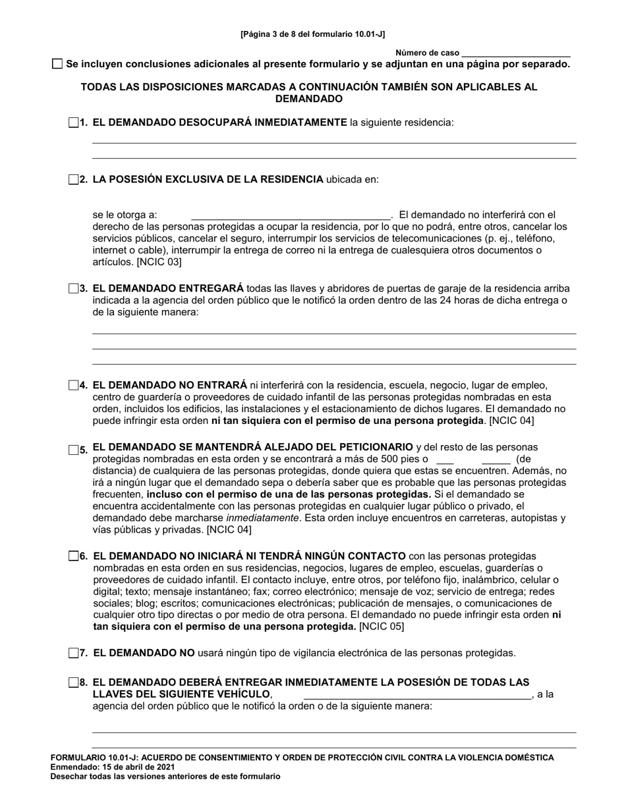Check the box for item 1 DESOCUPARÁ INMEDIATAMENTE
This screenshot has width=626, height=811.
(73, 122)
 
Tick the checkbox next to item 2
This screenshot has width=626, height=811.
(73, 179)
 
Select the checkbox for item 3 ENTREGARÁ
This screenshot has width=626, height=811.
(73, 288)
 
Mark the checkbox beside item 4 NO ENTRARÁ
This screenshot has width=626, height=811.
(73, 385)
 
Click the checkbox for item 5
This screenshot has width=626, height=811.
(73, 449)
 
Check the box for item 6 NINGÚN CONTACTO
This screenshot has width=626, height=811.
(73, 556)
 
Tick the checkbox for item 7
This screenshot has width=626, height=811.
(73, 653)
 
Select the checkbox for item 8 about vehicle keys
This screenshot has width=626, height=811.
(73, 682)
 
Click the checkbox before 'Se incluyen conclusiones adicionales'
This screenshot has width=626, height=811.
(57, 64)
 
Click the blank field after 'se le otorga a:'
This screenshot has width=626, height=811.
(291, 215)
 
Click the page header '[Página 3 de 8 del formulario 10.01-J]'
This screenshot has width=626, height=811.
(313, 33)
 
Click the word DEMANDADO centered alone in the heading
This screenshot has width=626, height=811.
(309, 99)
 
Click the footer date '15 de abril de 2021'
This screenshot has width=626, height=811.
(140, 767)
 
